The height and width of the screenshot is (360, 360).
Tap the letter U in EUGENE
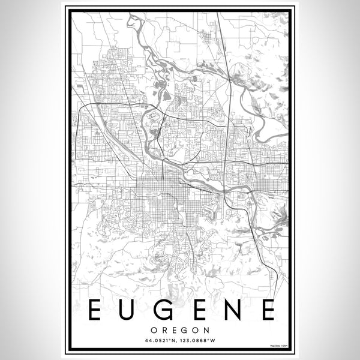pyautogui.click(x=127, y=310)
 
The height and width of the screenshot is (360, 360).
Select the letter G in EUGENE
pyautogui.click(x=162, y=310)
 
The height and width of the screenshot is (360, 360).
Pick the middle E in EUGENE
pyautogui.click(x=197, y=310)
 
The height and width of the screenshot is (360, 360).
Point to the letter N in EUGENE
pyautogui.click(x=231, y=310)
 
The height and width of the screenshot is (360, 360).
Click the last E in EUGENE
pyautogui.click(x=266, y=310)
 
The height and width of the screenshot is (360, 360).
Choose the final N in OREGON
pyautogui.click(x=205, y=330)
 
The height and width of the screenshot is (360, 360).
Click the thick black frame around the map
pyautogui.click(x=67, y=180)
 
